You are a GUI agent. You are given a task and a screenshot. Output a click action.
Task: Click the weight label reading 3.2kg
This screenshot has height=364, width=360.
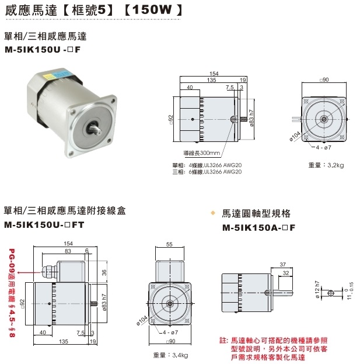tap(326, 166)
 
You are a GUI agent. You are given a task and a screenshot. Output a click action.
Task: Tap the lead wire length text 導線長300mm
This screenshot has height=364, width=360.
tap(201, 154)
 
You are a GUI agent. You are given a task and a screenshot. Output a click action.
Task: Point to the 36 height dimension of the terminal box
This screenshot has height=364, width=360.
tap(103, 272)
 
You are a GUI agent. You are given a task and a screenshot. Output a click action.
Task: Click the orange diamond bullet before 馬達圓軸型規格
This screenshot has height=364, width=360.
tap(213, 213)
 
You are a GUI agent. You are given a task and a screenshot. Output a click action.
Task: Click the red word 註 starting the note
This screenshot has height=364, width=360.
tap(222, 340)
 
